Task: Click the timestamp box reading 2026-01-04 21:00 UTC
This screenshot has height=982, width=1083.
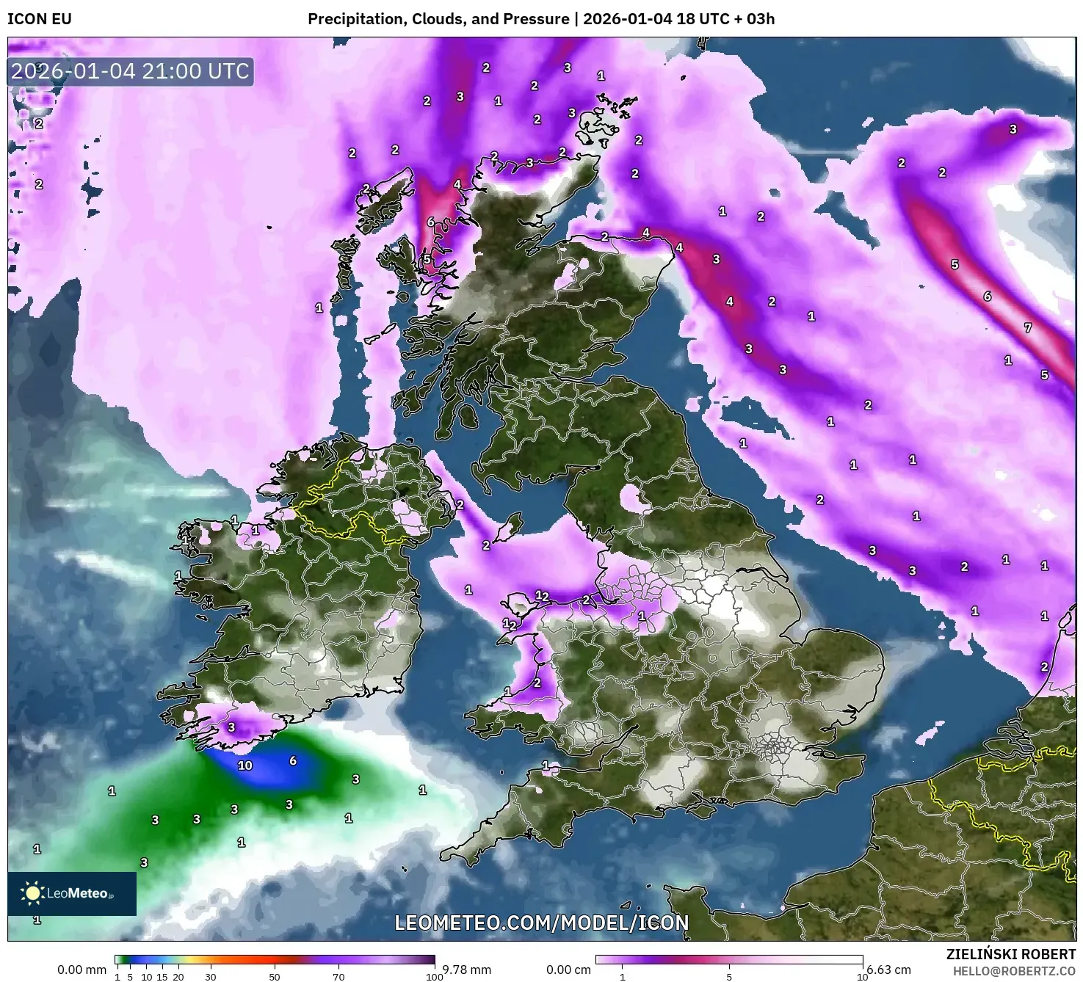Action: [131, 71]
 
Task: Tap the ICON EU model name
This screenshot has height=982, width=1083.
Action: [40, 19]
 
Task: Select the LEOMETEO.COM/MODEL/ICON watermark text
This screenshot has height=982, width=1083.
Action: [542, 923]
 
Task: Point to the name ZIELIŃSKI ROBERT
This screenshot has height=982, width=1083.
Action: [1011, 954]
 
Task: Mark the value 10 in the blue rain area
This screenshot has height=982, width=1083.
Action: [245, 765]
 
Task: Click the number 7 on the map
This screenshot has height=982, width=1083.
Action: [1028, 328]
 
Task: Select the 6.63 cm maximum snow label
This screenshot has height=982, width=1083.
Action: [888, 970]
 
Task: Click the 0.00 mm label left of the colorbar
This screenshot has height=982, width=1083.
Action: [82, 970]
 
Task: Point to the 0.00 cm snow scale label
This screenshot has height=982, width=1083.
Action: [569, 970]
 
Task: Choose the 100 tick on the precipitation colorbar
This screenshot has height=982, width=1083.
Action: [435, 977]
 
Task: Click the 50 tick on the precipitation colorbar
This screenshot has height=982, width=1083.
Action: [275, 977]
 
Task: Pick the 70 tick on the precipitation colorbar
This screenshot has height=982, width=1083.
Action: [338, 977]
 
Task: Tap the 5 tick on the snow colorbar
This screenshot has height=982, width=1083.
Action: [729, 977]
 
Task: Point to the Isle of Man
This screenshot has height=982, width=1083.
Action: [509, 526]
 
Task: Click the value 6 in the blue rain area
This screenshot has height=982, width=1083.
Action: [293, 761]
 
